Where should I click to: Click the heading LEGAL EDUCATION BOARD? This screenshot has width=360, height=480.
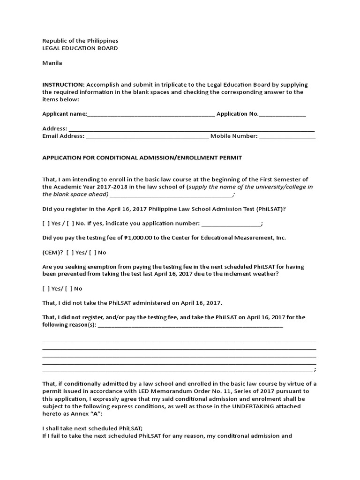pos(80,48)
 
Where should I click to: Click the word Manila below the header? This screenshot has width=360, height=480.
pos(52,63)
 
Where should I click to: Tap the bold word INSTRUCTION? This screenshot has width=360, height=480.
pos(63,84)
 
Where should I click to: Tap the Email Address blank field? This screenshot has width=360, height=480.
pos(148,137)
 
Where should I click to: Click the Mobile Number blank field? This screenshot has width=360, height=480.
pos(287,137)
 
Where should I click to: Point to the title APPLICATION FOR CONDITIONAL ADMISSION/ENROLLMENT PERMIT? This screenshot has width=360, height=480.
pos(142,157)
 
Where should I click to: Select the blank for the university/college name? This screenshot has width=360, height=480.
pos(171,195)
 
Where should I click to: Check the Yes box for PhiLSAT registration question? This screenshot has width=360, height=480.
pos(45,224)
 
